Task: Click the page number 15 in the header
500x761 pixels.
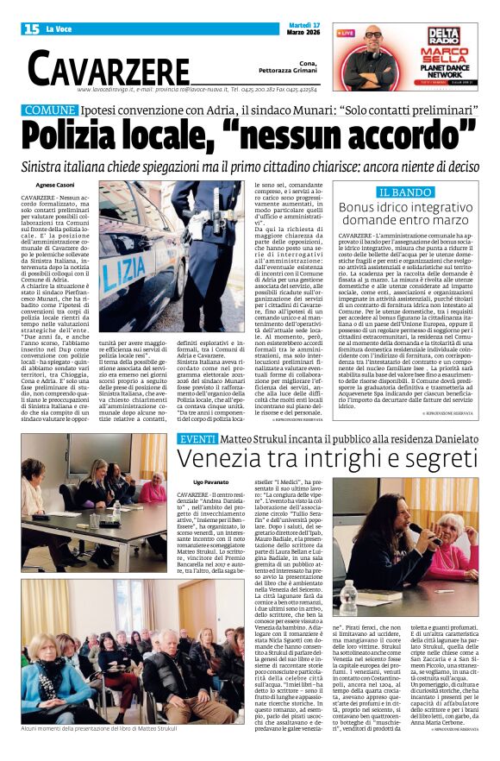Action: tap(31, 28)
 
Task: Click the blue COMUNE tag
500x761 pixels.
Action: tap(50, 110)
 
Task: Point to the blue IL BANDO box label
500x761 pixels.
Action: tap(405, 192)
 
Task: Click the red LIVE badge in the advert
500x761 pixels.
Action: tap(345, 33)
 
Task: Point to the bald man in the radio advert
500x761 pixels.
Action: tap(373, 52)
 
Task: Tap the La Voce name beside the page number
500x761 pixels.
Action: tap(59, 29)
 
